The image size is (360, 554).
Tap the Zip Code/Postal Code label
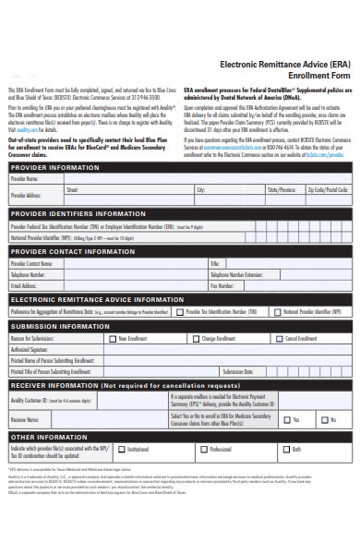(x=329, y=190)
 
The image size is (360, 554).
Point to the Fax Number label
(x=222, y=286)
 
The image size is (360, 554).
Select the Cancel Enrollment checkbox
(x=278, y=339)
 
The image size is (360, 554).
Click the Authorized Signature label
(x=31, y=350)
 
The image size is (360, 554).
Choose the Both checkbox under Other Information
(x=285, y=450)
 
